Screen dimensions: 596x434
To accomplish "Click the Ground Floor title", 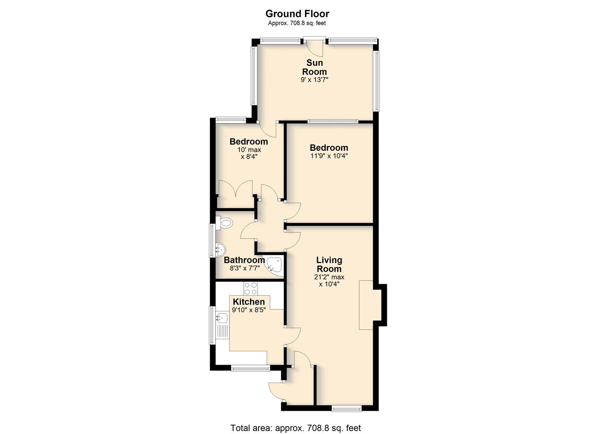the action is click(297, 14).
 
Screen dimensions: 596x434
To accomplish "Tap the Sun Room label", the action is click(315, 67).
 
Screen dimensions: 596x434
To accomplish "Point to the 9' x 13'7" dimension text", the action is click(315, 80).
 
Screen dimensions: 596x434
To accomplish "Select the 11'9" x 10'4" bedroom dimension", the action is click(329, 156).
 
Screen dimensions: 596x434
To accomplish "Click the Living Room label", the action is click(329, 264).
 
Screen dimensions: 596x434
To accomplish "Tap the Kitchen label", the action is click(249, 302).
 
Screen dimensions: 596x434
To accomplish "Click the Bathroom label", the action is click(244, 260).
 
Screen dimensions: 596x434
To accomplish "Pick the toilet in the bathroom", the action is click(224, 223).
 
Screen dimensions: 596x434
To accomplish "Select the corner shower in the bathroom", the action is click(274, 266).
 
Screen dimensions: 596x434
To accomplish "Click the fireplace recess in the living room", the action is click(366, 305).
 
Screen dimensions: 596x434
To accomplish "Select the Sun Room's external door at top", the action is click(315, 48).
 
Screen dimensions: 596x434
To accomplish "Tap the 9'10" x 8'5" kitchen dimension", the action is click(249, 310).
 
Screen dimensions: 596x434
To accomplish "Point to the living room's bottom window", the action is click(346, 408).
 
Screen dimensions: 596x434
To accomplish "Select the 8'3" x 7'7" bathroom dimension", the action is click(245, 268).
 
